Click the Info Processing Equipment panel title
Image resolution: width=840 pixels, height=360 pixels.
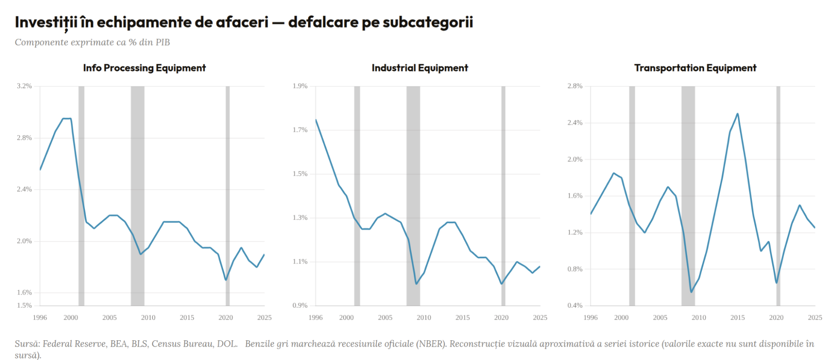[x=144, y=68]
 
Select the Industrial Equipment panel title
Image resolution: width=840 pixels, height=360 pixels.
[x=420, y=68]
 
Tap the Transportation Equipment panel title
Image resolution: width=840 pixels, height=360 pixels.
[x=695, y=68]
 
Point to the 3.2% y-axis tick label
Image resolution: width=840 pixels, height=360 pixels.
[x=24, y=86]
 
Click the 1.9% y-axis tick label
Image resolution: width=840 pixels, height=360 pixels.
[x=300, y=86]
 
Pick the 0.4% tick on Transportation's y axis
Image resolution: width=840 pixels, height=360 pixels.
[x=575, y=305]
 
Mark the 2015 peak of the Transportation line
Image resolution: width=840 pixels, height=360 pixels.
[x=737, y=114]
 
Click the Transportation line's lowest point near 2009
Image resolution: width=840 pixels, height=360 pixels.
[x=691, y=292]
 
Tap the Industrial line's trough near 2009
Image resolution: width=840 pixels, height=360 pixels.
[x=416, y=284]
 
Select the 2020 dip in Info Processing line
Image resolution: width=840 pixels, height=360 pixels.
[x=226, y=280]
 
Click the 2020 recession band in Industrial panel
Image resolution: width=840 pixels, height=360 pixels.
[x=503, y=196]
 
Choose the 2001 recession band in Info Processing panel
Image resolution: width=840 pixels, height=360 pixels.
[x=81, y=196]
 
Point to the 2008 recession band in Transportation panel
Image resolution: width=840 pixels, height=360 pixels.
[x=688, y=196]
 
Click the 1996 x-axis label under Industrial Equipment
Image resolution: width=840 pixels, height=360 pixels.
[x=316, y=318]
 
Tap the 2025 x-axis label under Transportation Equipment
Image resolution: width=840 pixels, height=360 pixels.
[x=815, y=318]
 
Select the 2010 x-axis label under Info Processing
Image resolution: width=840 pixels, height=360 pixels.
[x=148, y=318]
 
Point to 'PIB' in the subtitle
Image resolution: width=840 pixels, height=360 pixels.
[x=163, y=42]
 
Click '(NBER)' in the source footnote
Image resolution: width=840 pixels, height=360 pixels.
[x=432, y=344]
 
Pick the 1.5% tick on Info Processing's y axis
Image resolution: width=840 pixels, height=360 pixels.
[x=24, y=305]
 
